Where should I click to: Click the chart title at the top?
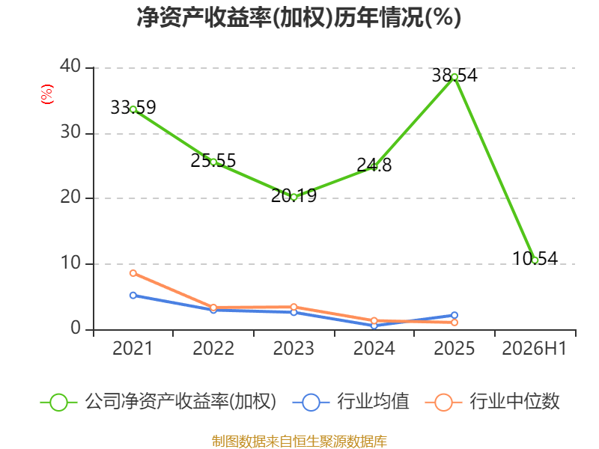pos(299,17)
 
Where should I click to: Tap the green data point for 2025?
pos(454,77)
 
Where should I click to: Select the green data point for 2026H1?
pos(535,260)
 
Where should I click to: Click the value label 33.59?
pos(133,107)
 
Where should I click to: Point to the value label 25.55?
pos(213,161)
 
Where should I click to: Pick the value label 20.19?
pos(294,196)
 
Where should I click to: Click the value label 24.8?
pos(374,165)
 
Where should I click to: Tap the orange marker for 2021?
pos(133,273)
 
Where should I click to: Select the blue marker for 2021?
pos(133,296)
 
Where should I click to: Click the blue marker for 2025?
pos(454,315)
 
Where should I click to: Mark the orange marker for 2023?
pos(294,307)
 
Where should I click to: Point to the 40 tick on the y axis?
pos(70,67)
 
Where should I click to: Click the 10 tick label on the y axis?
pos(70,263)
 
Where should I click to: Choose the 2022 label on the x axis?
pos(213,349)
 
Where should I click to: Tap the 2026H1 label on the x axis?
pos(534,349)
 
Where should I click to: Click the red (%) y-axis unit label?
pos(47,94)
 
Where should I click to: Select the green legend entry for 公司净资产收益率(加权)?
pos(158,402)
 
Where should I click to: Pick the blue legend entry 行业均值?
pos(350,402)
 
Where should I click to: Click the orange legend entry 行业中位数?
pos(493,402)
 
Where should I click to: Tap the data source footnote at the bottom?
pos(299,442)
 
